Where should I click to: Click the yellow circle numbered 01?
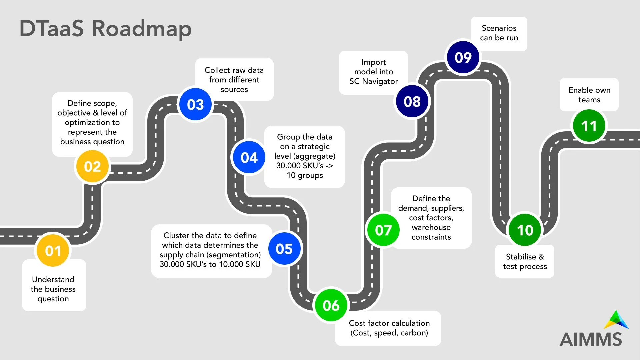[x=53, y=251]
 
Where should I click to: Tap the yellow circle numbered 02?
[x=92, y=166]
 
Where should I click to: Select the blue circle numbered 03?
[x=195, y=105]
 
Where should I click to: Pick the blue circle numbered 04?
[x=249, y=157]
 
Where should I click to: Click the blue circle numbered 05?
[x=284, y=249]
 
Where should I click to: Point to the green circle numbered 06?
[x=331, y=305]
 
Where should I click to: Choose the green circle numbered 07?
[x=383, y=230]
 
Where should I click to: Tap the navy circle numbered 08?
[x=412, y=101]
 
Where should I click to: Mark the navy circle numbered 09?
[x=463, y=57]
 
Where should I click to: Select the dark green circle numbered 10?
[x=525, y=230]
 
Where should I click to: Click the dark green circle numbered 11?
[x=589, y=126]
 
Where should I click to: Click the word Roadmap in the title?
[x=141, y=29]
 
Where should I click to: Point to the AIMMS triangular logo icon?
[x=616, y=320]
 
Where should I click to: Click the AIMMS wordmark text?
[x=591, y=339]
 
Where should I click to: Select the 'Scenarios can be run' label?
[x=499, y=33]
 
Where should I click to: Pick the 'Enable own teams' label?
[x=589, y=95]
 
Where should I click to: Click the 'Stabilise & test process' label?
[x=525, y=261]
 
